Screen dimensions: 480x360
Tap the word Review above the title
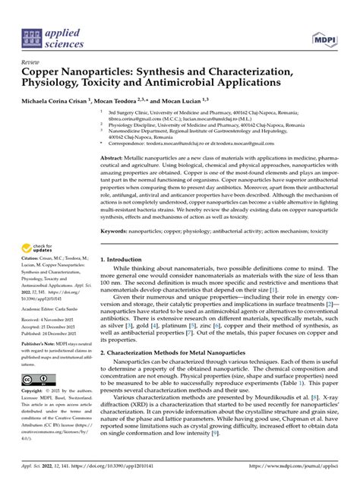[31, 61]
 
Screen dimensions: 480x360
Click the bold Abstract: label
[113, 156]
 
